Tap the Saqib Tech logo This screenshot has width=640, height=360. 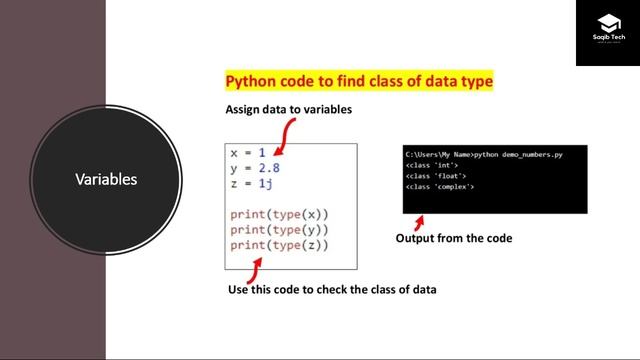606,32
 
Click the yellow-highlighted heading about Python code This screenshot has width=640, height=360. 359,81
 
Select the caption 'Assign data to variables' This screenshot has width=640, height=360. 289,109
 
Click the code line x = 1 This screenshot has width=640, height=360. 248,153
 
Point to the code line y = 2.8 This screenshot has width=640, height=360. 255,168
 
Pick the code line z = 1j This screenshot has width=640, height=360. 252,184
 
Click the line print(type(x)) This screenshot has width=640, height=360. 279,214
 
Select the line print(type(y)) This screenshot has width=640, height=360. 279,230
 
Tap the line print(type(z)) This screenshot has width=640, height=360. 279,245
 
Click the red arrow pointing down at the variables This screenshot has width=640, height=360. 283,136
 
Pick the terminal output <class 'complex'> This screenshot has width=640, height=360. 440,187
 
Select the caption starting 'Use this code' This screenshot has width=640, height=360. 333,290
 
